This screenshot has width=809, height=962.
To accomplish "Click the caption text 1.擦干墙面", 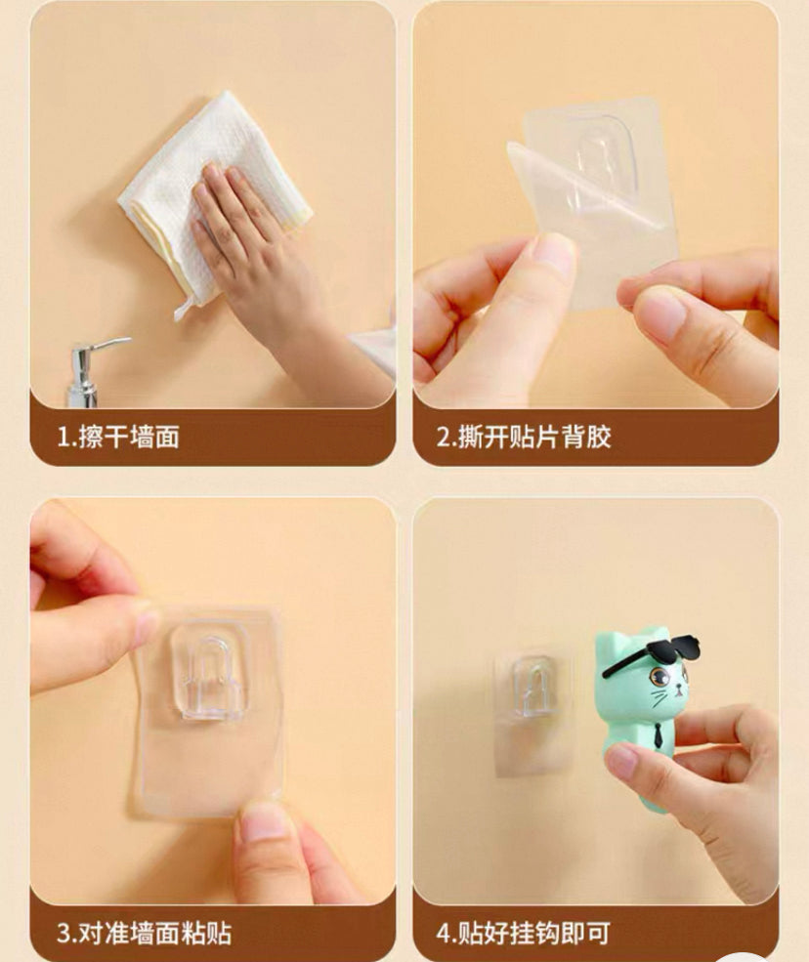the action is click(118, 438).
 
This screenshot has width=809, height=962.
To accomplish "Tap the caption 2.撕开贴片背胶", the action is click(524, 438).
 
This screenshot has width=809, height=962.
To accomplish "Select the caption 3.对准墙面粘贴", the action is click(145, 933).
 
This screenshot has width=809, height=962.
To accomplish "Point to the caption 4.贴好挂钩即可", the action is click(523, 933).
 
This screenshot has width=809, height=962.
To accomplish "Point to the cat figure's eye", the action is click(660, 678).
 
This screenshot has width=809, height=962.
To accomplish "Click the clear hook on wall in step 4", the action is click(532, 688).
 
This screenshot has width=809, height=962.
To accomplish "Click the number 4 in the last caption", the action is click(444, 934).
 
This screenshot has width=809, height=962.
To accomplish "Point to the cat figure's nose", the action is click(678, 691).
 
